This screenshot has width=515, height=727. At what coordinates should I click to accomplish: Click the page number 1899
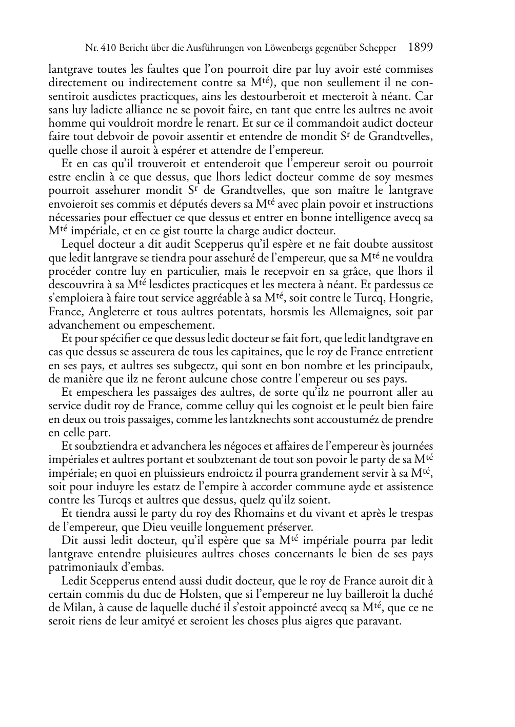coord(421,48)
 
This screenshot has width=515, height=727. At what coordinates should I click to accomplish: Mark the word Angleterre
coord(116,312)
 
